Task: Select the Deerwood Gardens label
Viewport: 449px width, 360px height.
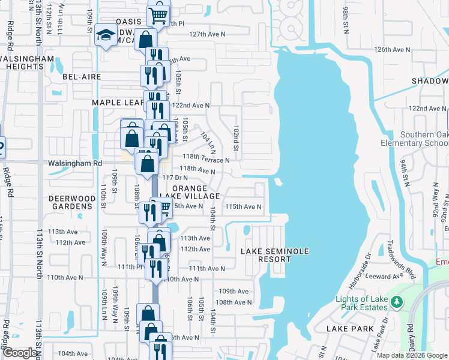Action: click(72, 202)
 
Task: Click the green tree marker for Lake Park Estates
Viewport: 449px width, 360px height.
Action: click(396, 304)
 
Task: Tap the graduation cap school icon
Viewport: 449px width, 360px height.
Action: click(105, 37)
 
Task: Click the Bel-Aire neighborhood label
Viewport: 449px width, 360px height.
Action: click(81, 77)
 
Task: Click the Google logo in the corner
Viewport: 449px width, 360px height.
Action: click(19, 353)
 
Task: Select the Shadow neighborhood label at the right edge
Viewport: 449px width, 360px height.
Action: click(430, 80)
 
